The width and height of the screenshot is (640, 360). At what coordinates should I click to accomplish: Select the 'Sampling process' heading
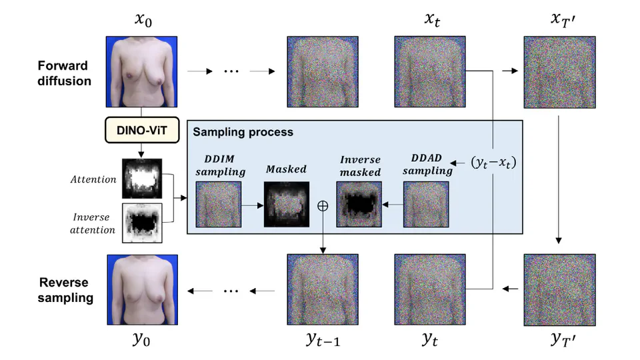click(x=243, y=132)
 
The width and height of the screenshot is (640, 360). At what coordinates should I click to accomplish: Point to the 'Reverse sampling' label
click(x=65, y=290)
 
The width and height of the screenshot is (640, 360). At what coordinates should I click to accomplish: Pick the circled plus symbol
click(x=323, y=206)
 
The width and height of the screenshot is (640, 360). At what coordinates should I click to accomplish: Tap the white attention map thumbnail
click(x=141, y=179)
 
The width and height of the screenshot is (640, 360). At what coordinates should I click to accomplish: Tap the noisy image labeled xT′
click(x=559, y=73)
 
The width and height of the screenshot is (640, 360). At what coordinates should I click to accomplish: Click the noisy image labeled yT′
click(x=559, y=288)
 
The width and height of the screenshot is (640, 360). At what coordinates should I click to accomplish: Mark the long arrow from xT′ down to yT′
click(x=559, y=177)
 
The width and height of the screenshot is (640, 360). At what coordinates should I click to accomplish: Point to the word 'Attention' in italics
click(x=93, y=179)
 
